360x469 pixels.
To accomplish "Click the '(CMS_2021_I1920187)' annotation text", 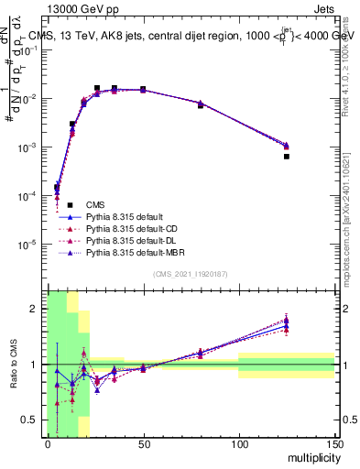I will pyautogui.click(x=190, y=274).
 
